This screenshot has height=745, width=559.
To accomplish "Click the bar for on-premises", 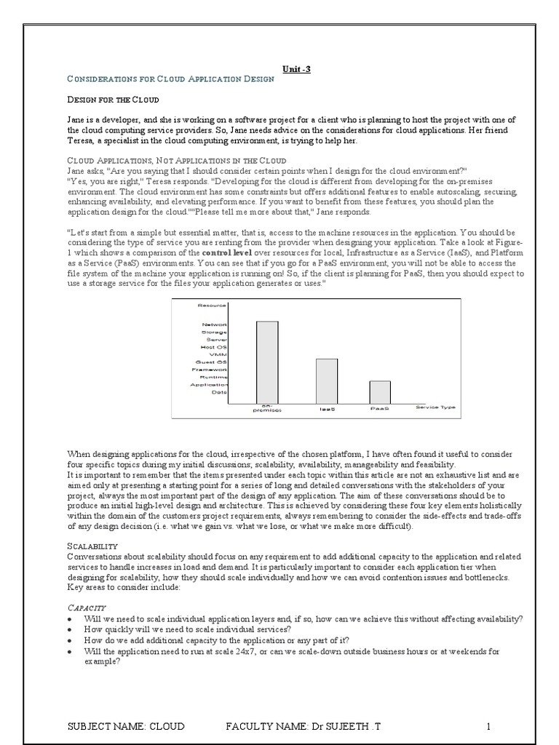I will pos(267,362).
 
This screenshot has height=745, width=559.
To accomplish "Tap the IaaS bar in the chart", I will pos(327,381).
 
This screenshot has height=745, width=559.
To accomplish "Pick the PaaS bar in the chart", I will pos(379,392).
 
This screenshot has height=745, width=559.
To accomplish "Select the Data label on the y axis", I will pos(219,392).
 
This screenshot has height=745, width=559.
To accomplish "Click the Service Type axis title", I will pos(435,407).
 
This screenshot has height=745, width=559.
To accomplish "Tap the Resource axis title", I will pos(213,306).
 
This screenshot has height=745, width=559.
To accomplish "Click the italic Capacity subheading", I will pos(87,607).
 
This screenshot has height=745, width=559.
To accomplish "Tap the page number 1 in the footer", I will pos(489,726).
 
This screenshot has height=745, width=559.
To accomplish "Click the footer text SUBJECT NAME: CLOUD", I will pos(125,726).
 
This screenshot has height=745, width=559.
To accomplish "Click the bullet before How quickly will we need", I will pos(69,629).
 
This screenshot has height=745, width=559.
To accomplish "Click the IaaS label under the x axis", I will pos(327,410).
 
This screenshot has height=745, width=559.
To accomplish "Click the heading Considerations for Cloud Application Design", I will pos(170,79).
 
